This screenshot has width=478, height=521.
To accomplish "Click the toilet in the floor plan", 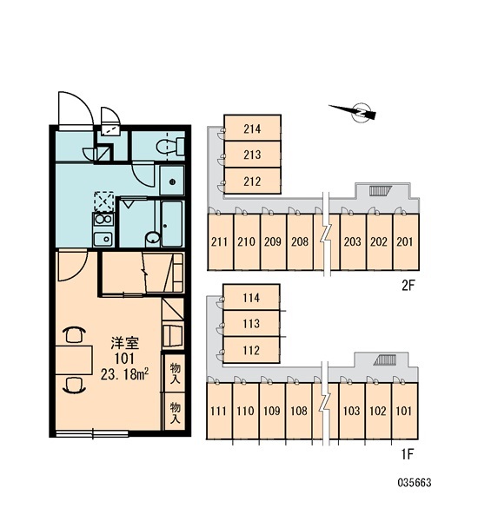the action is (170, 146).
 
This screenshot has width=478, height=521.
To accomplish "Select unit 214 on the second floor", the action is (253, 129).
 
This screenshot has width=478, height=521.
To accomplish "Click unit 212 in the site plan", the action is (253, 181).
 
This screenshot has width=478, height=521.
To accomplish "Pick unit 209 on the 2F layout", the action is (273, 241).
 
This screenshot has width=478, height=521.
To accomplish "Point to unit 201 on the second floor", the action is (406, 241).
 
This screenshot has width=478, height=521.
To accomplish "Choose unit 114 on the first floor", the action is (251, 297).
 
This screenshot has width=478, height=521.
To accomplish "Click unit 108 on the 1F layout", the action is (298, 411).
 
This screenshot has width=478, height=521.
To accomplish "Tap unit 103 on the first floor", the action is (352, 411).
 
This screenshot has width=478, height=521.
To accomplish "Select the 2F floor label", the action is (408, 285).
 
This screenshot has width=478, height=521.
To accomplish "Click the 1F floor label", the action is (407, 454).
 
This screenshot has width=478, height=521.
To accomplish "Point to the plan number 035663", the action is (415, 483).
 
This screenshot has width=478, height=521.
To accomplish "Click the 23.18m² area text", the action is (124, 374).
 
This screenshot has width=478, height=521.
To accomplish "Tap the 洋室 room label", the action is (125, 344).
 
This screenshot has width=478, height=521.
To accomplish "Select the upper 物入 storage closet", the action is (175, 373).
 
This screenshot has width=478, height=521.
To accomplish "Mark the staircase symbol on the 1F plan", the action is (385, 360).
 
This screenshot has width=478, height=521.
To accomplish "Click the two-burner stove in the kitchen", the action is (103, 220).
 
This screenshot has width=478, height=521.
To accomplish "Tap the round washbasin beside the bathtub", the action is (153, 238).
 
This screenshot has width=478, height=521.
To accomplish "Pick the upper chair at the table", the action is (74, 334).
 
